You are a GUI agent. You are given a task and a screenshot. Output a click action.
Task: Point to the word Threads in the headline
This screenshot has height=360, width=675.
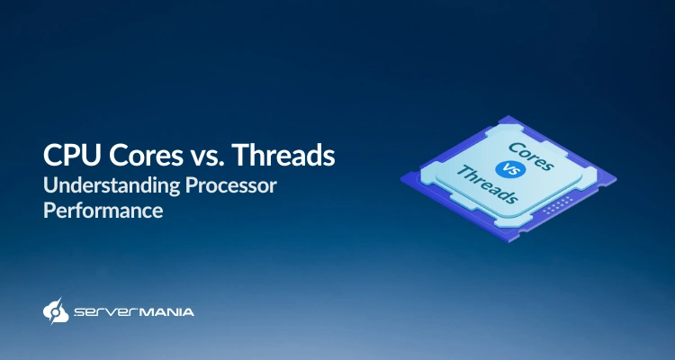[x=283, y=156]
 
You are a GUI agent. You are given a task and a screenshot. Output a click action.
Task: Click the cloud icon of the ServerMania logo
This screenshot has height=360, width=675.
[x=55, y=310]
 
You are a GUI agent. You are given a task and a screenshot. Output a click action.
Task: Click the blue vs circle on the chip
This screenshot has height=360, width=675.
[x=508, y=169]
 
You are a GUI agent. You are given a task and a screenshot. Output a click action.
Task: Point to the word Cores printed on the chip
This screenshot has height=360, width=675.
[x=531, y=155]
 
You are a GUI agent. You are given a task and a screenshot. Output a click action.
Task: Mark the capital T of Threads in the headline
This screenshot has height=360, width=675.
[x=239, y=156]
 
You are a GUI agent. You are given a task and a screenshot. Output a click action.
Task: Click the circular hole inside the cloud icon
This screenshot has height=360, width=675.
[x=56, y=312]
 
